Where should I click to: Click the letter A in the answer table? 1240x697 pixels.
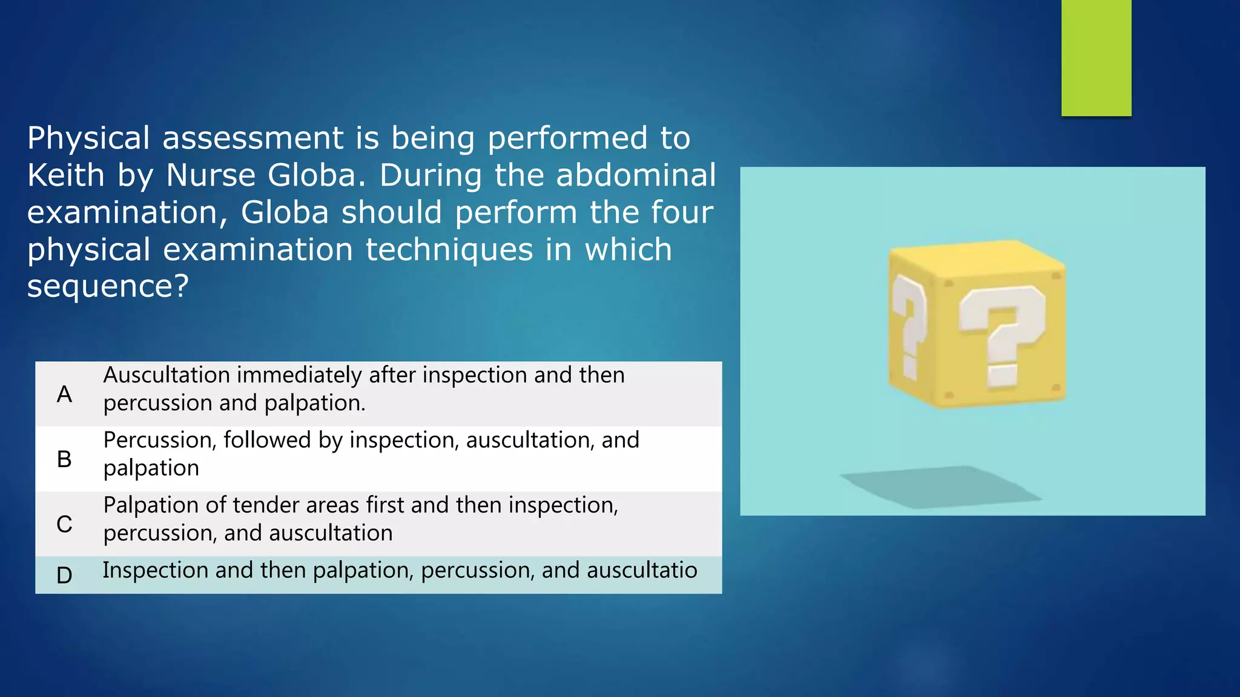coord(64,394)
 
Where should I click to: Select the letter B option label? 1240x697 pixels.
coord(64,459)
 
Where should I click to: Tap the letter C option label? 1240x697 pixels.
coord(64,524)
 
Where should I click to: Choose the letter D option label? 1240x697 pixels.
coord(64,575)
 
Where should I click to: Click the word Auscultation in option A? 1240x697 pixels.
coord(167,375)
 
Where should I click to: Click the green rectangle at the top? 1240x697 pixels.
coord(1096,57)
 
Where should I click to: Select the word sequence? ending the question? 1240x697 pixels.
coord(108,286)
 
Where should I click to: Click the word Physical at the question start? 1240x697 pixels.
coord(88,138)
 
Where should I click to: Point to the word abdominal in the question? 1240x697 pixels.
coord(636,175)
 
